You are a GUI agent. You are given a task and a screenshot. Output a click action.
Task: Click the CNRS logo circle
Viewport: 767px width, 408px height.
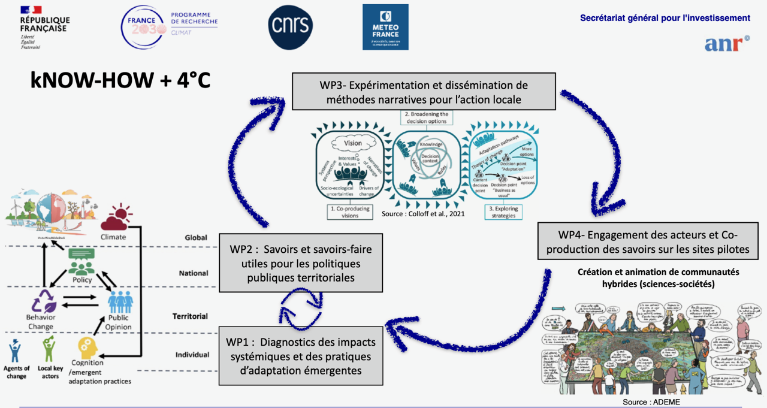point(290,27)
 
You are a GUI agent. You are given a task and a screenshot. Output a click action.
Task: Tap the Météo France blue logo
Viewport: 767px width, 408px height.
point(385,27)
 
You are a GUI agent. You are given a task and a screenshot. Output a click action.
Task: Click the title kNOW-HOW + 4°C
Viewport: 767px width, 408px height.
point(120,80)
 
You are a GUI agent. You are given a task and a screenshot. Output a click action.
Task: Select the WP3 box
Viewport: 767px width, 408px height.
point(424,91)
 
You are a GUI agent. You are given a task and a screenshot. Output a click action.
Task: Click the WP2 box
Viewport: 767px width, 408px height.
point(300,262)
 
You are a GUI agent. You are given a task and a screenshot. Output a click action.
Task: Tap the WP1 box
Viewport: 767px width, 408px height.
point(300,356)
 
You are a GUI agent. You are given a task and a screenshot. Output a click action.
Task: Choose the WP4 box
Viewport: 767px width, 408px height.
point(648,241)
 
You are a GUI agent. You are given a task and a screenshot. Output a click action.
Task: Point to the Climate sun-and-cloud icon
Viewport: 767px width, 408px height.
point(114,218)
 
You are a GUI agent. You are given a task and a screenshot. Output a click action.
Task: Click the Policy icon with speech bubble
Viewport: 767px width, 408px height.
point(82,262)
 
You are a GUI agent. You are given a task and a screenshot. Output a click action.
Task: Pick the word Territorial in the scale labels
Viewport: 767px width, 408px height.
point(190,316)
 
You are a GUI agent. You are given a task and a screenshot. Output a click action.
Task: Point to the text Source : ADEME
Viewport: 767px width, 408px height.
point(651,402)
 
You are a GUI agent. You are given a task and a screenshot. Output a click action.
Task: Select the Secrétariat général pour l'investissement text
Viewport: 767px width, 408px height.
point(665,18)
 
